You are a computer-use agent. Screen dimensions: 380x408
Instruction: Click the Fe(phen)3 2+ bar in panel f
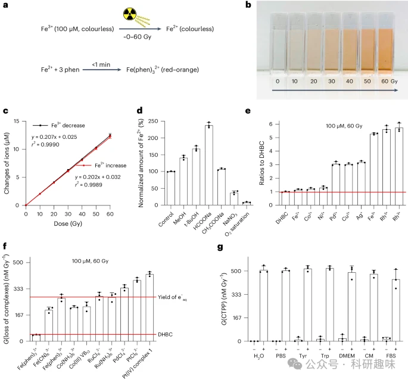35,338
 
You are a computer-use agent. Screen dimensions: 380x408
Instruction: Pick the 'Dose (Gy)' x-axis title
68,223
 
